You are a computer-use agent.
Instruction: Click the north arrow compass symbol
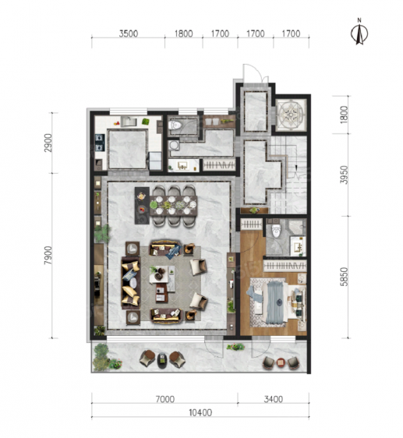point(359,31)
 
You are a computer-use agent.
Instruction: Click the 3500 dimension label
point(129,34)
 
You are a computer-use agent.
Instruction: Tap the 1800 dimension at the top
point(184,34)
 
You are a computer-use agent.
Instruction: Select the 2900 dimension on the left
point(48,143)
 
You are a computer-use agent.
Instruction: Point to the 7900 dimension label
point(48,255)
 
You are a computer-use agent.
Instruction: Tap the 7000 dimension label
point(165,399)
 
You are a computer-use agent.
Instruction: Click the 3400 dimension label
point(274,399)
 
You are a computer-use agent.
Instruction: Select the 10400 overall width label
point(200,412)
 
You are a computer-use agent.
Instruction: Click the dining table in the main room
point(174,206)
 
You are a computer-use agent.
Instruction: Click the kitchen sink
point(129,122)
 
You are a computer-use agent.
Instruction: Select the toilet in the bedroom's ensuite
point(276,231)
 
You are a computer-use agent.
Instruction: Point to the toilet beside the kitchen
point(176,125)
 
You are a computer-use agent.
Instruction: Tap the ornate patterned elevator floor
point(292,115)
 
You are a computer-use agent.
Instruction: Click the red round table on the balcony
point(281,362)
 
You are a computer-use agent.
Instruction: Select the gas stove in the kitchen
point(100,143)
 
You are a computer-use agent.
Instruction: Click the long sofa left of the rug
point(131,283)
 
